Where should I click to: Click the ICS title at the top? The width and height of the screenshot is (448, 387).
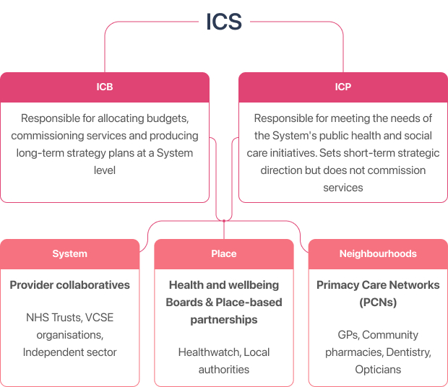click(224, 22)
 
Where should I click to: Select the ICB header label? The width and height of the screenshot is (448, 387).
click(105, 87)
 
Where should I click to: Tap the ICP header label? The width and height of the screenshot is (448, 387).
click(343, 87)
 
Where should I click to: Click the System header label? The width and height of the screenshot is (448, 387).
click(70, 253)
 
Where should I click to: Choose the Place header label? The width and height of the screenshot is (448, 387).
click(224, 253)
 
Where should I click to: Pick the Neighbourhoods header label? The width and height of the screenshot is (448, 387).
click(378, 253)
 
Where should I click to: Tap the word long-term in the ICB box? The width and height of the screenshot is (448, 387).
click(41, 152)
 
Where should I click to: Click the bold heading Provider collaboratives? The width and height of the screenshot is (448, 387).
click(70, 285)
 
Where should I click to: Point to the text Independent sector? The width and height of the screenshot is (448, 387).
click(70, 352)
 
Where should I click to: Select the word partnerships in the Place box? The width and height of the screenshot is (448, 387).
click(224, 319)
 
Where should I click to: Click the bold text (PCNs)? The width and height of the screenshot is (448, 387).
click(378, 303)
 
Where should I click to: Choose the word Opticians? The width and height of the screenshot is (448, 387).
click(378, 370)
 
